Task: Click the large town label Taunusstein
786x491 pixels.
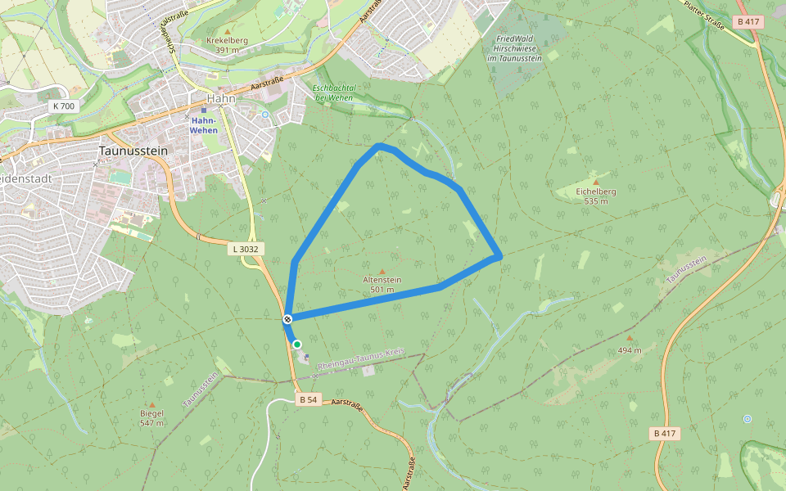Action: (133, 151)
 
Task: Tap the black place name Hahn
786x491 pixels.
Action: (221, 98)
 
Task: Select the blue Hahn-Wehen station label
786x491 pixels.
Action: (204, 124)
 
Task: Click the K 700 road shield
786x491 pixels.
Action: (62, 106)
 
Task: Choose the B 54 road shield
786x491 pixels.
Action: (308, 399)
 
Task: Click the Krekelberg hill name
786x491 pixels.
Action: (227, 40)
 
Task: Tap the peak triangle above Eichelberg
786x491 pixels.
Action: (596, 182)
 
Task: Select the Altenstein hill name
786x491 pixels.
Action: (382, 280)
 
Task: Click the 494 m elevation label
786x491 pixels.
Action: (630, 349)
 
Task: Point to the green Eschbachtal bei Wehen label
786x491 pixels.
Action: (335, 92)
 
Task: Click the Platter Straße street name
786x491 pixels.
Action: (705, 16)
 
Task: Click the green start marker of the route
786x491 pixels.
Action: (297, 345)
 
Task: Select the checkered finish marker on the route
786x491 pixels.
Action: (288, 318)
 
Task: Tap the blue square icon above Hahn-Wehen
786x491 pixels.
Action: (204, 110)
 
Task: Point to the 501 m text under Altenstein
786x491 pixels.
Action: (382, 290)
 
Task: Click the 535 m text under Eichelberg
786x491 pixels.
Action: (595, 201)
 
